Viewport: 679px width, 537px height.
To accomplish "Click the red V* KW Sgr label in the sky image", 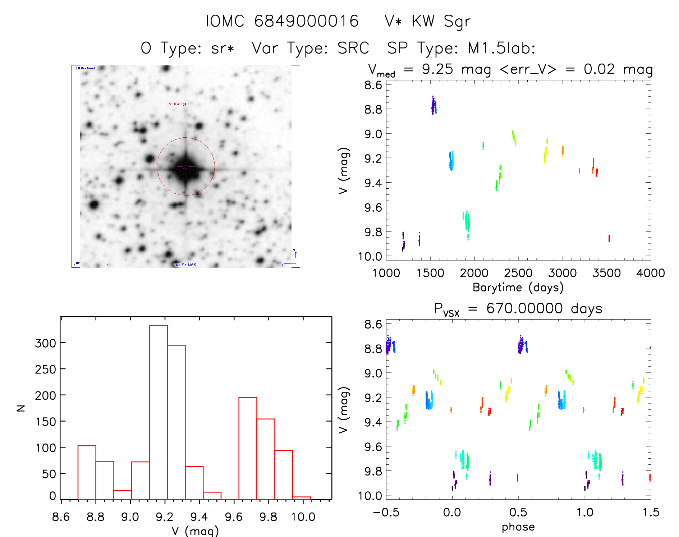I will point(178,104).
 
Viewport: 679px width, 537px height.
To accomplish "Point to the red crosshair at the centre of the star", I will point(185,167).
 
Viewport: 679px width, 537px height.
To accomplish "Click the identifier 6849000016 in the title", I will point(306,21).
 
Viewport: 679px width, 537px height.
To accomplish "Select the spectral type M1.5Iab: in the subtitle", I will point(501,48).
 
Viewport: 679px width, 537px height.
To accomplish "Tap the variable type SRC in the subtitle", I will point(353,48).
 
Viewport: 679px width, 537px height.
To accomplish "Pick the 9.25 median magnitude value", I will point(437,69).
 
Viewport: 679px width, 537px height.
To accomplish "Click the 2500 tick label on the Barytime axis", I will point(518,273).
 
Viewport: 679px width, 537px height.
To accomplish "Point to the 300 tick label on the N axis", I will point(45,343).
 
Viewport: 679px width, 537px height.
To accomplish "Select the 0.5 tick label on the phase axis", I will point(518,512).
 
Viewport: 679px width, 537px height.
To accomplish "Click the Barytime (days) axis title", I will point(518,288).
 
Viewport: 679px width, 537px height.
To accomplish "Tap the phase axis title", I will point(518,527).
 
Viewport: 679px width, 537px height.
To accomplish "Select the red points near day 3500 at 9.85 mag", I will point(609,238).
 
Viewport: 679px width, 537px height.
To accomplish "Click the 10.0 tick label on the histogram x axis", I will point(303,517).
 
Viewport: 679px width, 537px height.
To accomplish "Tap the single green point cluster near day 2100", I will point(483,146).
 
